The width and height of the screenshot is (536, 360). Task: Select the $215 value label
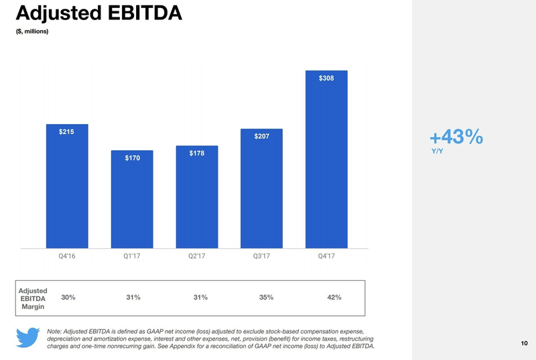[66, 131]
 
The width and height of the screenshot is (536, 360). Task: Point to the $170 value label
[132, 158]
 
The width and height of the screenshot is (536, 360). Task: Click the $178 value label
[196, 154]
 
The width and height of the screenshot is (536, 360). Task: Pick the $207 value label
[262, 137]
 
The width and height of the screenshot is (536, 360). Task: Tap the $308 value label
[326, 78]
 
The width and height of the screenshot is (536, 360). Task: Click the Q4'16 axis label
[66, 255]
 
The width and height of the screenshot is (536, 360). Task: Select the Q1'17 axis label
[132, 255]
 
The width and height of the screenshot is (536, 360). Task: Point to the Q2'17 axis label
[196, 255]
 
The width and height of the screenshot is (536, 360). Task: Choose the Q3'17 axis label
[262, 255]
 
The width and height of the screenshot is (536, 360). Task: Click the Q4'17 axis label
[326, 255]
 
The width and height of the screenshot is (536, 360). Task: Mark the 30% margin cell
[68, 297]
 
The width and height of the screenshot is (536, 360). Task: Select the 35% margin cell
[266, 297]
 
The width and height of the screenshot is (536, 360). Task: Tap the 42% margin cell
[334, 297]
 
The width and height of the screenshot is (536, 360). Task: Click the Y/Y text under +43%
[437, 151]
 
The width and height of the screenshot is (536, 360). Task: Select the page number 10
[523, 344]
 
